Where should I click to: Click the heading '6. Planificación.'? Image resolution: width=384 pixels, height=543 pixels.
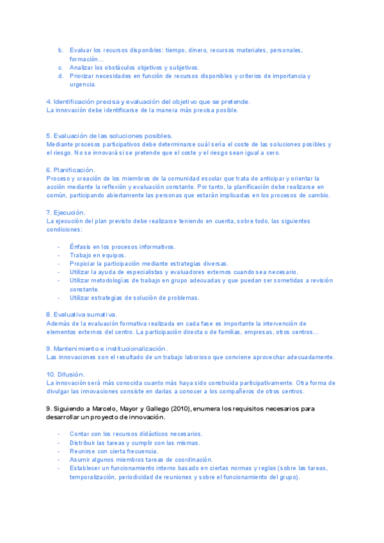(x=70, y=170)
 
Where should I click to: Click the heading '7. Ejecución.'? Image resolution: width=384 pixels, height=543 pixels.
(x=66, y=212)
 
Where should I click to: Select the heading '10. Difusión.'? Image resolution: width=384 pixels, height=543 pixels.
(x=66, y=374)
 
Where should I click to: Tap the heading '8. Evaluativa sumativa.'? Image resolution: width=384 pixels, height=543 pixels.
(x=81, y=314)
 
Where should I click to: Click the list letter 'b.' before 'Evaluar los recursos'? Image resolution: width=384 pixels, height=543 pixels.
(x=61, y=50)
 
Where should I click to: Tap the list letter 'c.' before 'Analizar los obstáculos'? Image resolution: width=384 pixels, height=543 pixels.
(x=61, y=67)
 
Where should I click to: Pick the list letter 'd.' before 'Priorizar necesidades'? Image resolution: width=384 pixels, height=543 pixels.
(x=61, y=76)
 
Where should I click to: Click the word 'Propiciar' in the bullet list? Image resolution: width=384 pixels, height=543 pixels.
(x=83, y=263)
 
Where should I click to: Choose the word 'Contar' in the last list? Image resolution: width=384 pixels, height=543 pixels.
(x=80, y=434)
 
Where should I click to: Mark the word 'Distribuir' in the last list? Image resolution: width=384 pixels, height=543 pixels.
(x=84, y=442)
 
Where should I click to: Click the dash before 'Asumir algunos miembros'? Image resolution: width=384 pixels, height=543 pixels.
(x=59, y=460)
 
